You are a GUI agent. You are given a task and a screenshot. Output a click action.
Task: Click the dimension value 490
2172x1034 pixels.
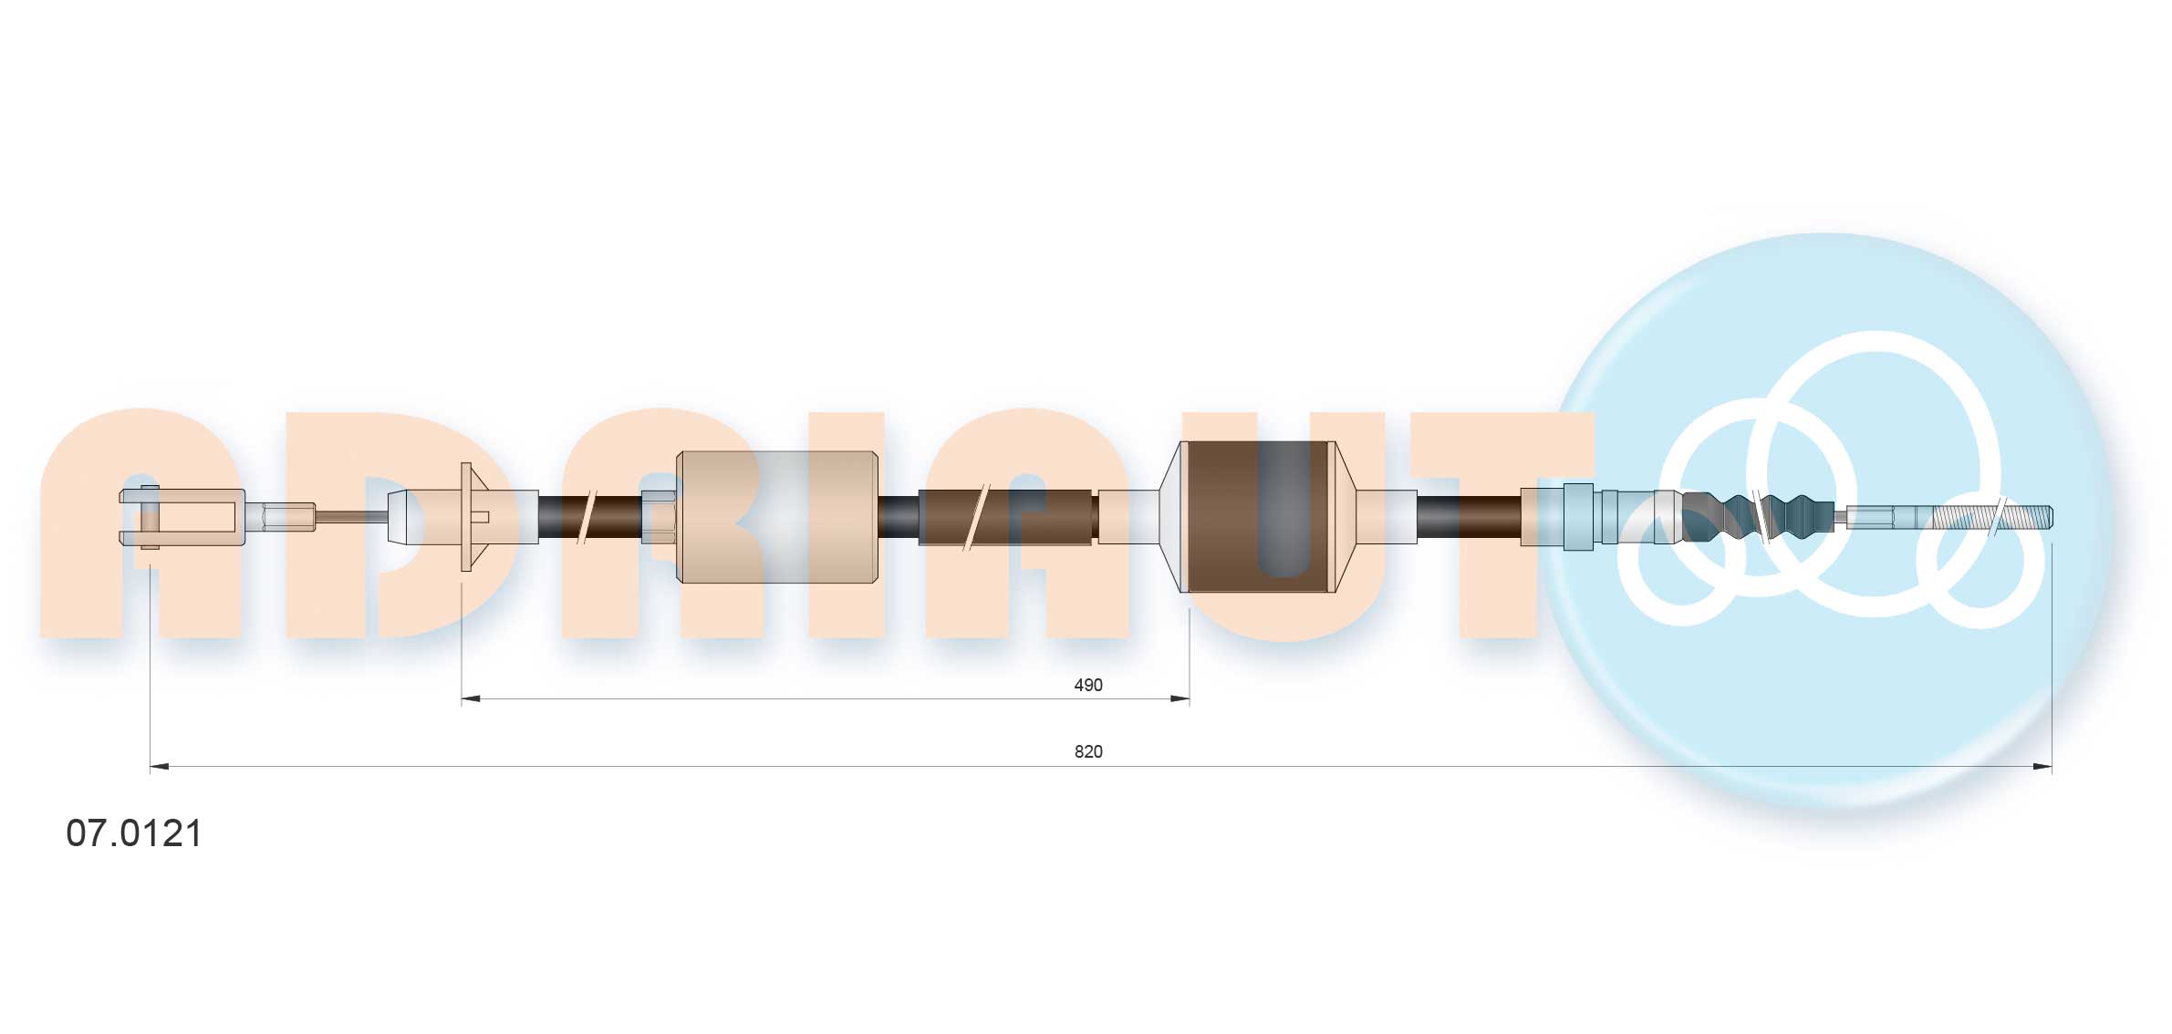pyautogui.click(x=1087, y=685)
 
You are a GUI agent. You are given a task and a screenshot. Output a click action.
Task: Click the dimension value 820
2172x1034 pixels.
pyautogui.click(x=1087, y=751)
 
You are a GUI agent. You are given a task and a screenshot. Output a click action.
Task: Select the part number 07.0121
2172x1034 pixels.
pyautogui.click(x=134, y=833)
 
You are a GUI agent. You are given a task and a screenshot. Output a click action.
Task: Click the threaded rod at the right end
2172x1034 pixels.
pyautogui.click(x=1989, y=517)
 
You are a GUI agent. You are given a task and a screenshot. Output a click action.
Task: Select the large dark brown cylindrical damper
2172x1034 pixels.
pyautogui.click(x=1259, y=517)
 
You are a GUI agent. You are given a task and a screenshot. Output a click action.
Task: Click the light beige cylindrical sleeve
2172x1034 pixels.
pyautogui.click(x=776, y=517)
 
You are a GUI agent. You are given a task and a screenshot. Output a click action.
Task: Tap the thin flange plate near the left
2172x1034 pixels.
pyautogui.click(x=466, y=517)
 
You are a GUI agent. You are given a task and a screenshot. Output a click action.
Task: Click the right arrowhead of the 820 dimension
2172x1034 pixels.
pyautogui.click(x=2042, y=767)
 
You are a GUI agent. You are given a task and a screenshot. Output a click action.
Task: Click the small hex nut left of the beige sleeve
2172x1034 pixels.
pyautogui.click(x=659, y=517)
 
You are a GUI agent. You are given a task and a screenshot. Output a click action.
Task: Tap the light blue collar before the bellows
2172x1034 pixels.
pyautogui.click(x=1578, y=517)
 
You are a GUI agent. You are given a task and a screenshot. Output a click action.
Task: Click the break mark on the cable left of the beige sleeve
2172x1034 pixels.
pyautogui.click(x=587, y=517)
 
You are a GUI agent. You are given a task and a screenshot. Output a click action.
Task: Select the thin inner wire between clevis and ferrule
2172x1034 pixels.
pyautogui.click(x=351, y=517)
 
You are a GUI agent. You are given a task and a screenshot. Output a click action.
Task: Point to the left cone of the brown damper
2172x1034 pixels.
pyautogui.click(x=1169, y=517)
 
